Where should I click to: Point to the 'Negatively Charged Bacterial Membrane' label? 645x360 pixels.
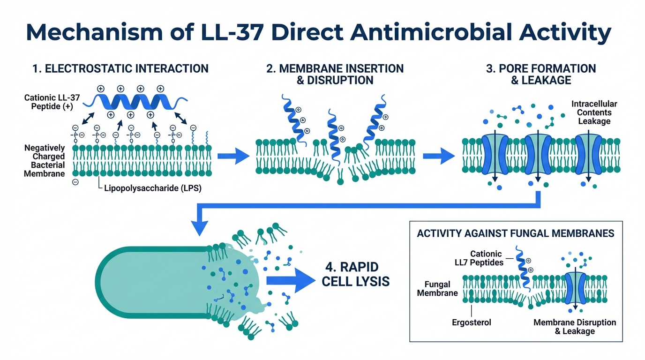pos(45,161)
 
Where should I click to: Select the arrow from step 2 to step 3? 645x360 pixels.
pos(439,156)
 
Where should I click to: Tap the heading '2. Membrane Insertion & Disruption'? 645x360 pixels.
pos(335,74)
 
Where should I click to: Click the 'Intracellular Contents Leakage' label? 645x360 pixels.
pos(594,112)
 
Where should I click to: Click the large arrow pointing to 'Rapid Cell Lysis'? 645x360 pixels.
pos(289,280)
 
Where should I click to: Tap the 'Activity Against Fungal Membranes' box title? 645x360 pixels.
pos(516,233)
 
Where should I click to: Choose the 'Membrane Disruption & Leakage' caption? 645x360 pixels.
pos(575,327)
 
